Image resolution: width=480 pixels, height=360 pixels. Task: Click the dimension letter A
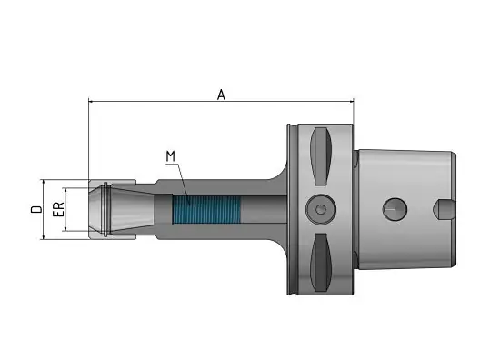tap(221, 95)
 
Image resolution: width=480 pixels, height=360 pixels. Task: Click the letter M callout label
tap(171, 156)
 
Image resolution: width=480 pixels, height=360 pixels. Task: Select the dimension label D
tap(36, 209)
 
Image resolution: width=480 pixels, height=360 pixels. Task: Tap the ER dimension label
tap(58, 209)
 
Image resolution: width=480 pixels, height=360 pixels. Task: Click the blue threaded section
tap(206, 209)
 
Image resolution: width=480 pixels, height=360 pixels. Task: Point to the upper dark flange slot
tap(321, 156)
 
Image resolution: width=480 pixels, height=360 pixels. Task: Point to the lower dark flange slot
tap(321, 263)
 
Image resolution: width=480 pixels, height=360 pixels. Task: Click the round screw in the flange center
tap(321, 209)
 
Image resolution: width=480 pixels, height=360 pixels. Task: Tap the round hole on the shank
tap(395, 209)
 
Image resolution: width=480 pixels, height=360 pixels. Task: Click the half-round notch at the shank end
tap(444, 209)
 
